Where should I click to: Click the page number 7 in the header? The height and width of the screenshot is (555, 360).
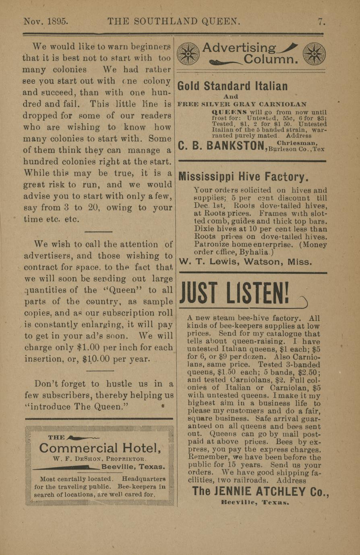321,21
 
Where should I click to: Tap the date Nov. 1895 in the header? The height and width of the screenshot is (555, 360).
46,21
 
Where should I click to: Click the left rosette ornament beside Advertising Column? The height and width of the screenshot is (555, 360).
188,54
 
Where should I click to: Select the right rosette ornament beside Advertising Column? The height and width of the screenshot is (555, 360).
314,54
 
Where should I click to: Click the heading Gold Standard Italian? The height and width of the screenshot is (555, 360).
232,86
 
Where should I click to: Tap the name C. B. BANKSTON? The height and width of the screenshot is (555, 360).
221,146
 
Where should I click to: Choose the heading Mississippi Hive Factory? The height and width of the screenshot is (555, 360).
243,177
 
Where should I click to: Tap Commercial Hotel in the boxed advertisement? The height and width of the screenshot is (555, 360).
100,448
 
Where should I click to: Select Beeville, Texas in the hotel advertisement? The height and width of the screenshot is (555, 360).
133,467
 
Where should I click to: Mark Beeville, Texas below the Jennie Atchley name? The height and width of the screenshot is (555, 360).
255,503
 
